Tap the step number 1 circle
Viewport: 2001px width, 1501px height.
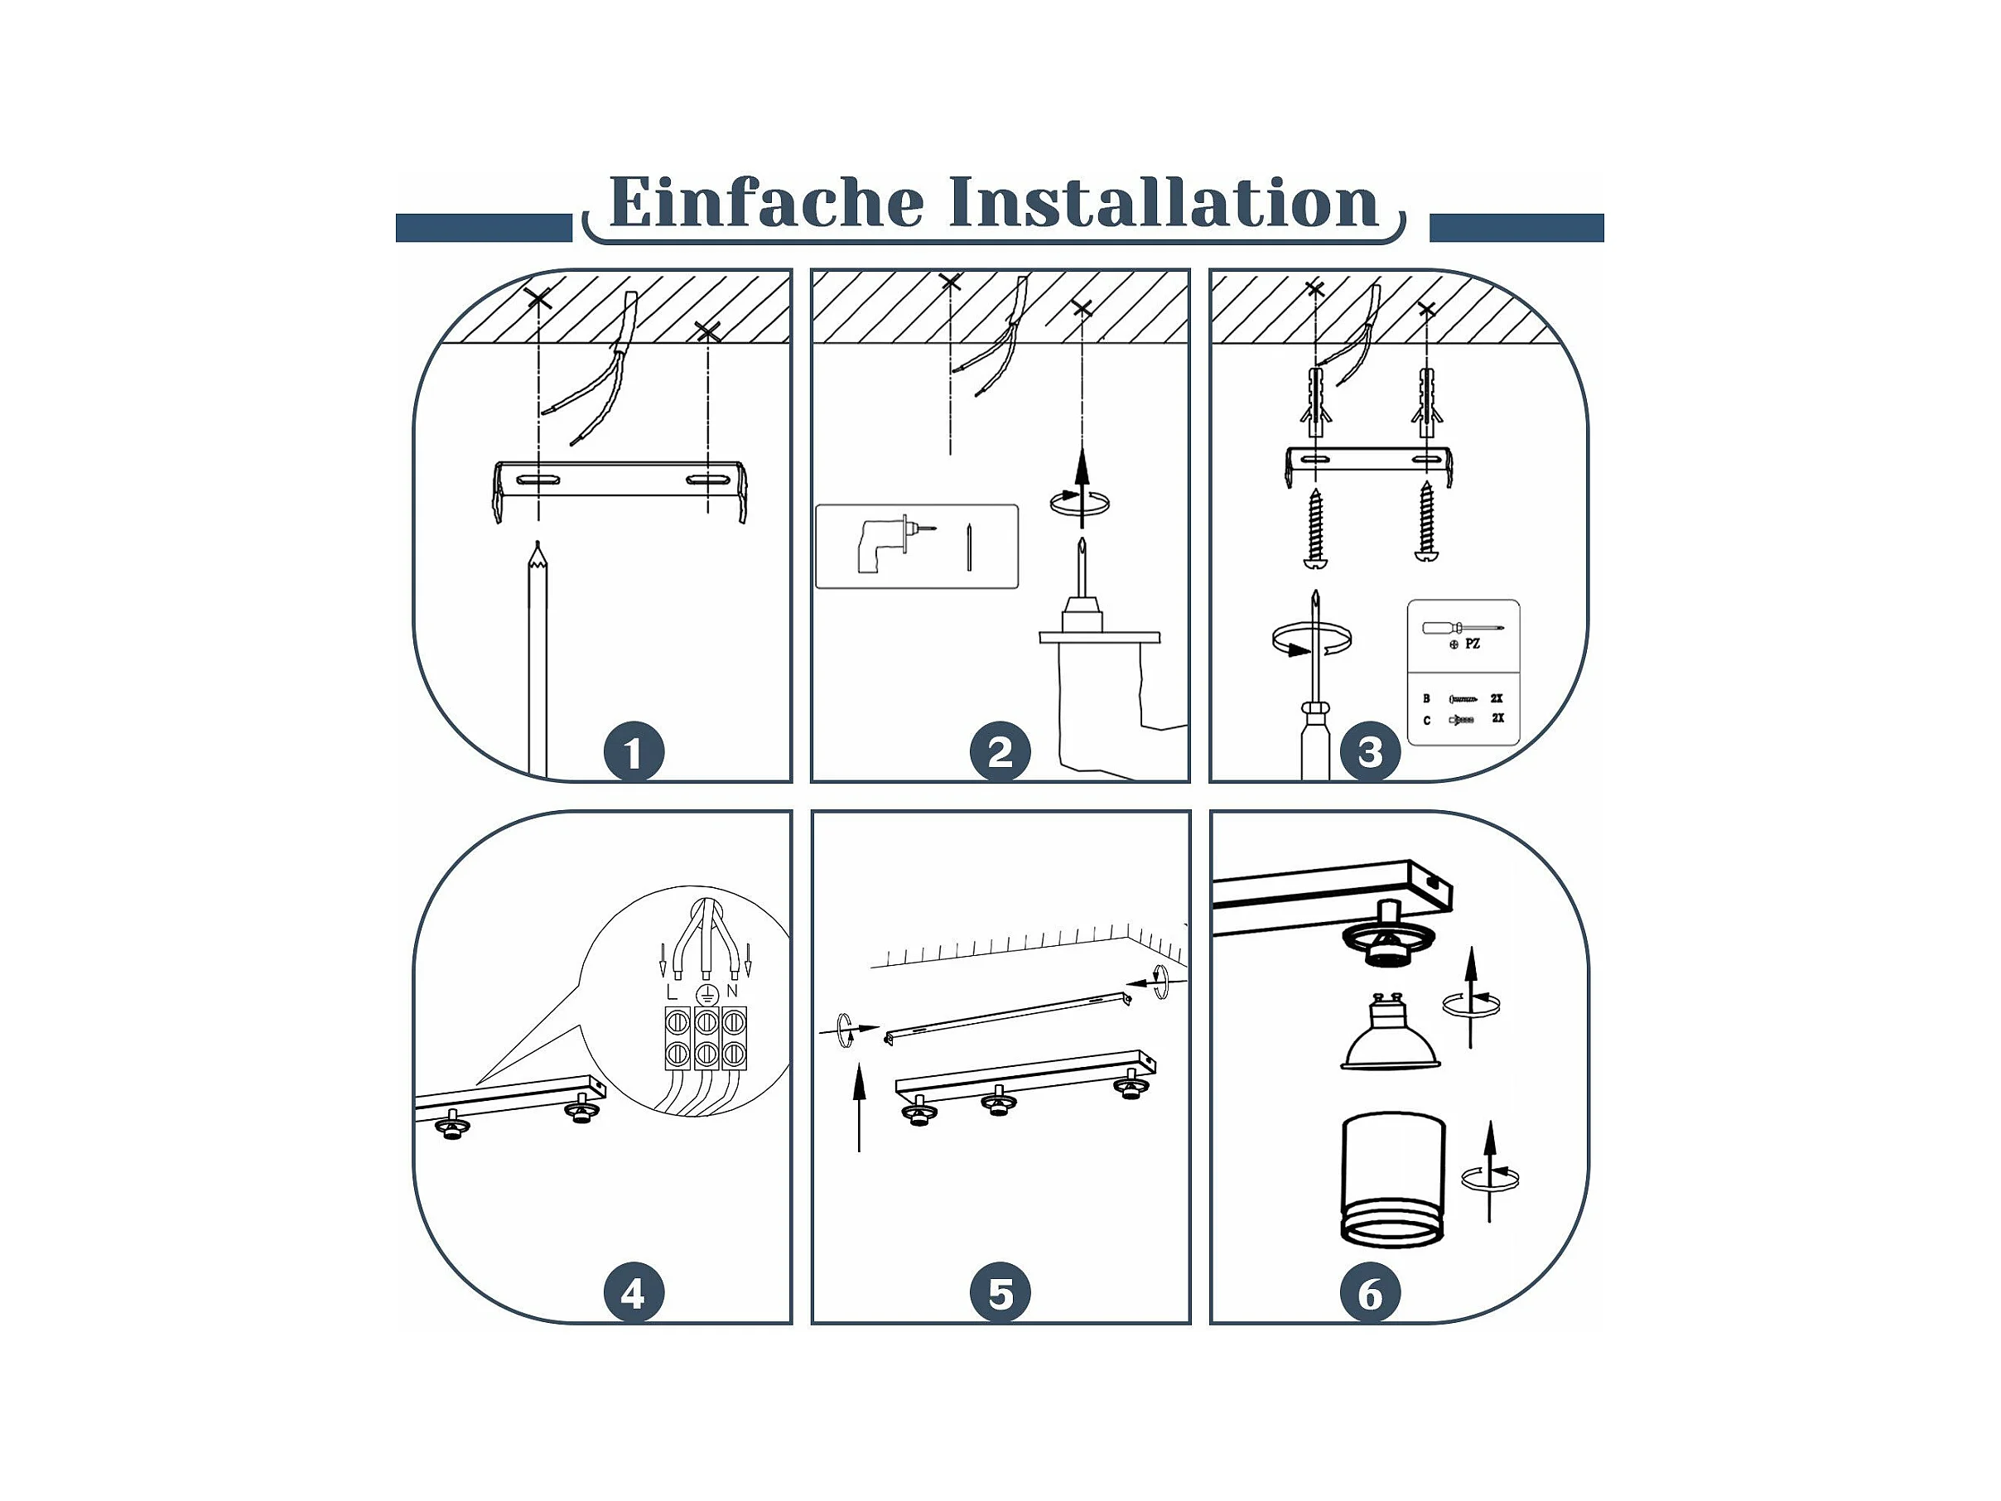(634, 752)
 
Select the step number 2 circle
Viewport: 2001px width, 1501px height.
(1000, 752)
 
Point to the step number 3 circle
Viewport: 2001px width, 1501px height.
(1370, 752)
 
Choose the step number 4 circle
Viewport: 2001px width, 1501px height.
(634, 1293)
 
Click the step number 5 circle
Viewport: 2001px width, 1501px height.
(1000, 1293)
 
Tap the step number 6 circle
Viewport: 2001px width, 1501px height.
(1370, 1293)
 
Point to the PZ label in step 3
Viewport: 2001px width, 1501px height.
(1473, 644)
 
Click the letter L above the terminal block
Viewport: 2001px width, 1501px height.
(670, 992)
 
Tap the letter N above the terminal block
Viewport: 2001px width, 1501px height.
(732, 991)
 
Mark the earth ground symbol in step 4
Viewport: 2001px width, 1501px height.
(706, 994)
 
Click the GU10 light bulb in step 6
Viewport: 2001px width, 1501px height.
(1390, 1032)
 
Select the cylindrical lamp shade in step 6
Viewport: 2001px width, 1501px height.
(1392, 1179)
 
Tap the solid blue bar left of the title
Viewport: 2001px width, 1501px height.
(484, 228)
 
